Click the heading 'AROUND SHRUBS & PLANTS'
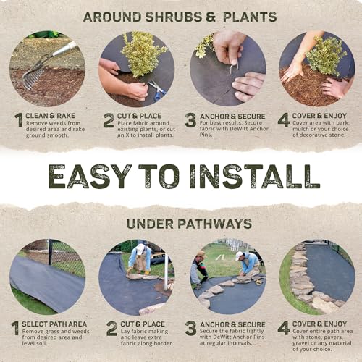[x=180, y=17]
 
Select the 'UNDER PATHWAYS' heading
[x=189, y=224]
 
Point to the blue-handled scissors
[x=157, y=90]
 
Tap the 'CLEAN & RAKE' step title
[x=51, y=116]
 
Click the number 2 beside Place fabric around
[x=109, y=120]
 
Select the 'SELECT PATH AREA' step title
[x=54, y=324]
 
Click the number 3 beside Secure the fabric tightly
[x=190, y=328]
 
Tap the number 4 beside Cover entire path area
[x=284, y=328]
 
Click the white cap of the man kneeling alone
[x=140, y=249]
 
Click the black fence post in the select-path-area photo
[x=50, y=252]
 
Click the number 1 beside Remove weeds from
[x=19, y=120]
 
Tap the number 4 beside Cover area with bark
[x=284, y=120]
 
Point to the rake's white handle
[x=64, y=49]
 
